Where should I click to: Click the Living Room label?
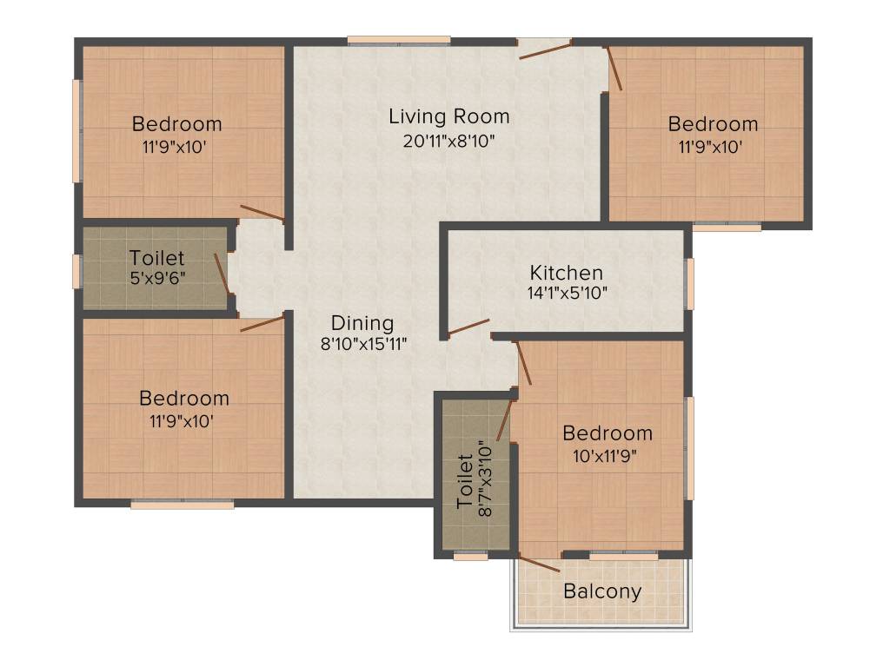point(448,116)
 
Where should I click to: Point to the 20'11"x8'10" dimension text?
point(448,141)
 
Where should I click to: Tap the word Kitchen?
point(567,273)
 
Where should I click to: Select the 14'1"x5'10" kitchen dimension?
point(567,294)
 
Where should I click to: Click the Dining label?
point(363,323)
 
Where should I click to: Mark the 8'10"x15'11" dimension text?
point(363,343)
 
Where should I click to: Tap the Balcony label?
point(602,592)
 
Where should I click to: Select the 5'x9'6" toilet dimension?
point(156,280)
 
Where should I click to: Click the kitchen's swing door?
point(468,327)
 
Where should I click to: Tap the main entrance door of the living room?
point(546,49)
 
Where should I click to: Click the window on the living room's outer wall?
point(399,40)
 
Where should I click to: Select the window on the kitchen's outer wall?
point(690,283)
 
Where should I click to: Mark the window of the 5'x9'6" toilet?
point(77,270)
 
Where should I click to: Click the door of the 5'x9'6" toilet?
point(222,273)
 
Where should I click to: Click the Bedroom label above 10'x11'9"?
point(608,433)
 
